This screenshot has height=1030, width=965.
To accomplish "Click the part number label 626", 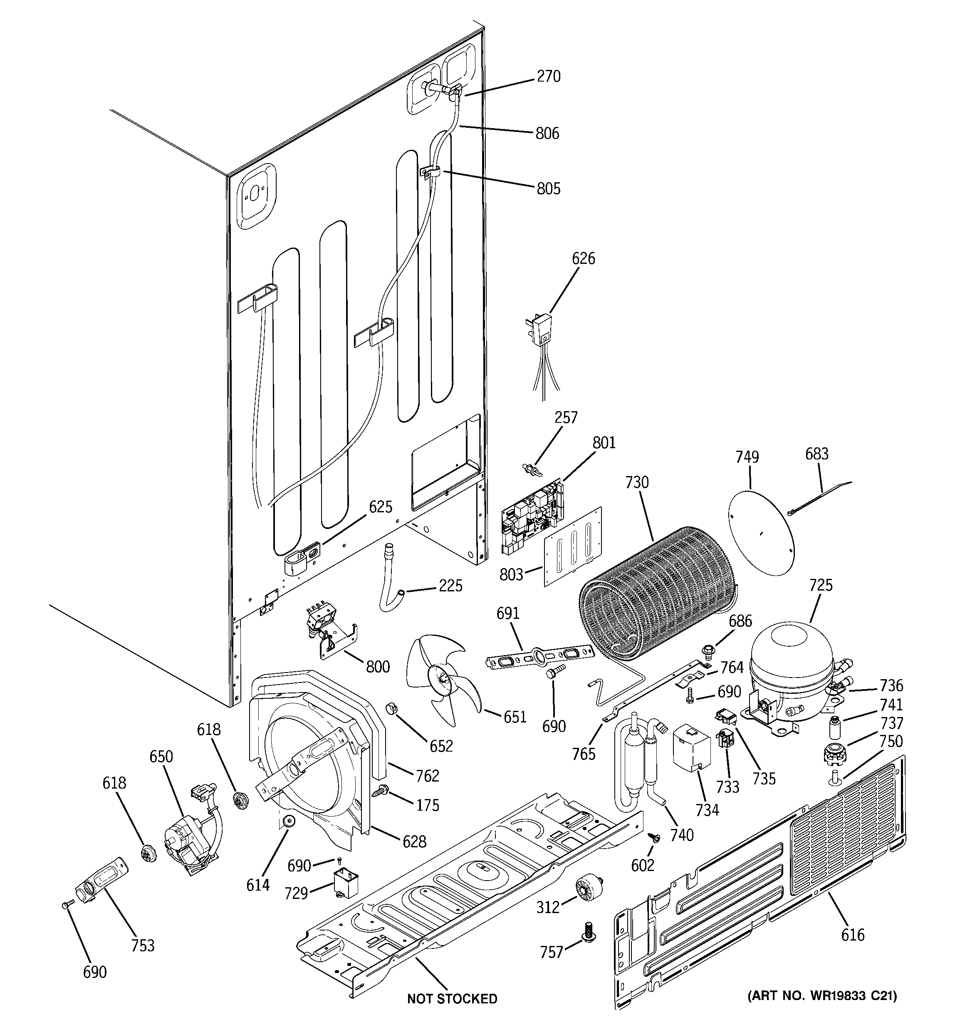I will pos(583,258).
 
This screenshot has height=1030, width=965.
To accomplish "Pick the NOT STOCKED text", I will pos(452,999).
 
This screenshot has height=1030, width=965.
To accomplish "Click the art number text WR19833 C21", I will pos(822,995).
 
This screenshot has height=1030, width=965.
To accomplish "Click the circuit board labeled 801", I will pos(530,516).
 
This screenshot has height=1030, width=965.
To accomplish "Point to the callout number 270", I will pos(549,77).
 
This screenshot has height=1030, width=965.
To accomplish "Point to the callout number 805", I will pos(549,189).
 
